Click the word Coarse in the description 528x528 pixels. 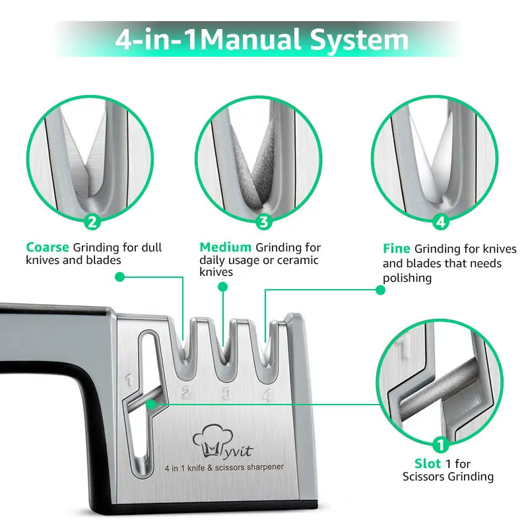[x=47, y=247]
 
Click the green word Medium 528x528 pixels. [x=225, y=247]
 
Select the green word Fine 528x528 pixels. [x=397, y=249]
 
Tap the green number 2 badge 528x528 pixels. [x=93, y=222]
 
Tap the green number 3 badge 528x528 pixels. [x=265, y=222]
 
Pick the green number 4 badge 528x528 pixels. [x=441, y=222]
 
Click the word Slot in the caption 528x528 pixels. [x=428, y=464]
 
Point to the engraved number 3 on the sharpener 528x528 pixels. [x=226, y=395]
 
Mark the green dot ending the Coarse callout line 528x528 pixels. [x=119, y=278]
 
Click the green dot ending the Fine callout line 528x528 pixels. [x=379, y=290]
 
